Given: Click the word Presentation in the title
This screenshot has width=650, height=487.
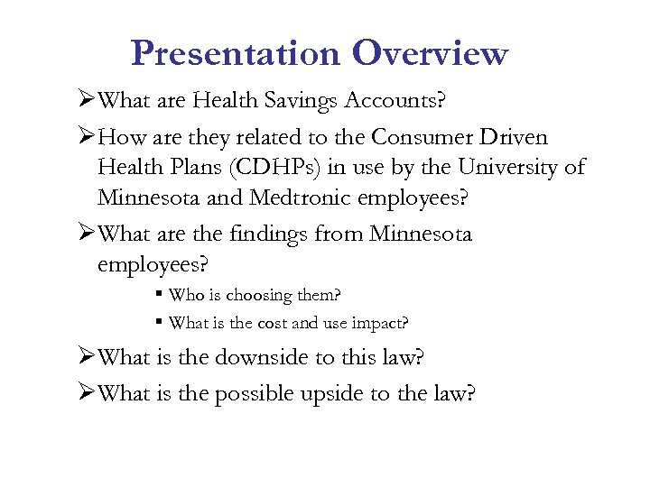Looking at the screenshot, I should coord(235,53).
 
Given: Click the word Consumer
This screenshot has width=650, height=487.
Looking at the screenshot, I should coord(419,138).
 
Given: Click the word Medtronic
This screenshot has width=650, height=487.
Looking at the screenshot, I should coord(298,197).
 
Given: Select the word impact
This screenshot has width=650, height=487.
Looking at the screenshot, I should coord(385,323).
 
